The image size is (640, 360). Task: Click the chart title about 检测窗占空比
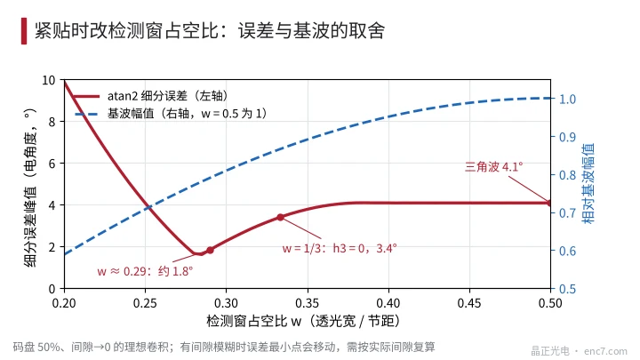[x=210, y=30]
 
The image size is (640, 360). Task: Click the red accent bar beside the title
[x=24, y=30]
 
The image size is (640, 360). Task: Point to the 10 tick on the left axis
[x=49, y=80]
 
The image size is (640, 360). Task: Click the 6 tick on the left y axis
[x=52, y=164]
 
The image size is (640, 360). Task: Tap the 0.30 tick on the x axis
[x=226, y=303]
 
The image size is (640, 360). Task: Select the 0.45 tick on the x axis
[x=469, y=303]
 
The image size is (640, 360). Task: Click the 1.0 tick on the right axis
[x=567, y=100]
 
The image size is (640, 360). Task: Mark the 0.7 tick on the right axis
[x=567, y=213]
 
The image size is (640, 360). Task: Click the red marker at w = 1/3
[x=280, y=217]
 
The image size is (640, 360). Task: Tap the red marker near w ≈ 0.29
[x=210, y=250]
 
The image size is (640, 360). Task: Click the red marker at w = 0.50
[x=550, y=203]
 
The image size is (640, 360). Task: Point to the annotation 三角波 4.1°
[x=494, y=166]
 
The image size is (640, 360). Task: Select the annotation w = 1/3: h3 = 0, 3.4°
[x=340, y=248]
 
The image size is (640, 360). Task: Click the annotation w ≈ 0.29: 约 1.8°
[x=145, y=271]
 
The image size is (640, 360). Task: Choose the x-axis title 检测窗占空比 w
[x=303, y=321]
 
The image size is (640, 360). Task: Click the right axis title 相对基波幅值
[x=588, y=184]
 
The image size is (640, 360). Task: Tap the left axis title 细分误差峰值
[x=30, y=188]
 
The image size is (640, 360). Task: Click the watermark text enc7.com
[x=605, y=351]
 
